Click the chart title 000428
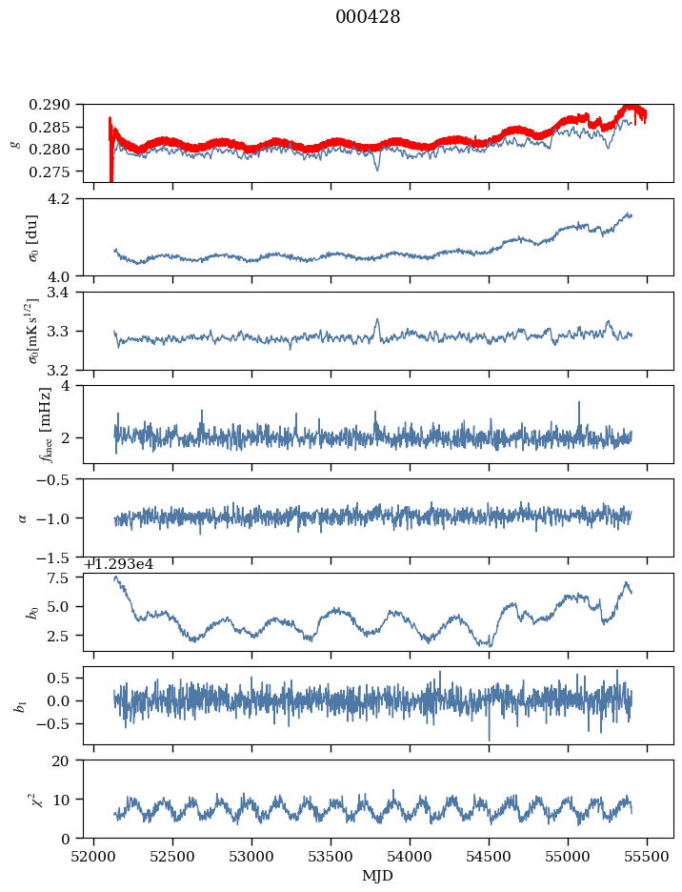point(368,17)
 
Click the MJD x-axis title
point(378,875)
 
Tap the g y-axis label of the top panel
point(13,143)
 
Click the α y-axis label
point(21,517)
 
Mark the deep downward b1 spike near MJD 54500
point(490,739)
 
